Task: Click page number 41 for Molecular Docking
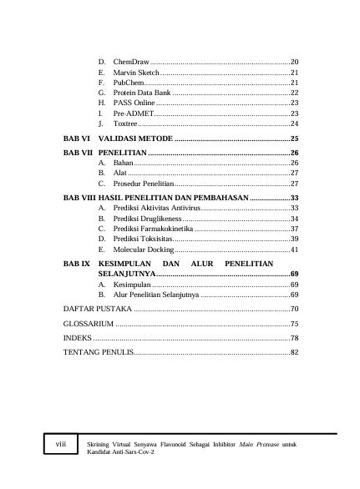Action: click(295, 250)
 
